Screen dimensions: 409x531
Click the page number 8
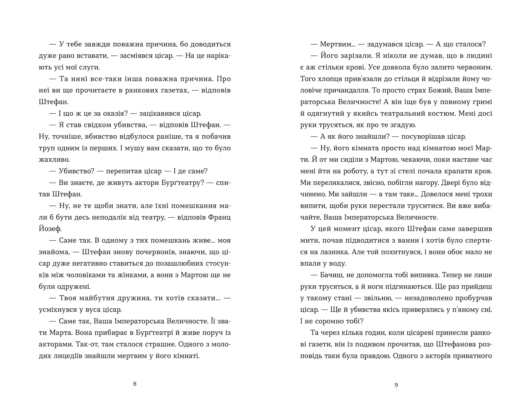135,384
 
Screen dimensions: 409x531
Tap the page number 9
396,385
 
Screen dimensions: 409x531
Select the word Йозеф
50,229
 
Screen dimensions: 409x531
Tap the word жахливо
54,160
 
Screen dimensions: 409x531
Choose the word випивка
423,275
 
